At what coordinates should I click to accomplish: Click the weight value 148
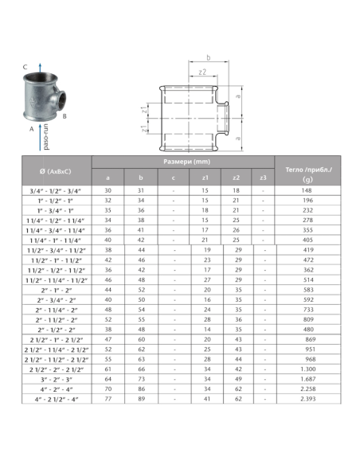(304, 190)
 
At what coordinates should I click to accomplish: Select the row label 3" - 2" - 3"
(52, 379)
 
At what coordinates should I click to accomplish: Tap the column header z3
(264, 177)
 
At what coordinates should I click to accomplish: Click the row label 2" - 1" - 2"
(52, 290)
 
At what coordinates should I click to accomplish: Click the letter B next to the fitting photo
(65, 116)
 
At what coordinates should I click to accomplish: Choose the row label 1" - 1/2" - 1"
(52, 200)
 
